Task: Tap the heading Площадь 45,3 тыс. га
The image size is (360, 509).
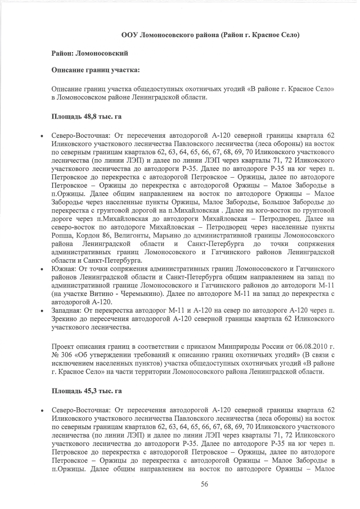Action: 87,390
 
